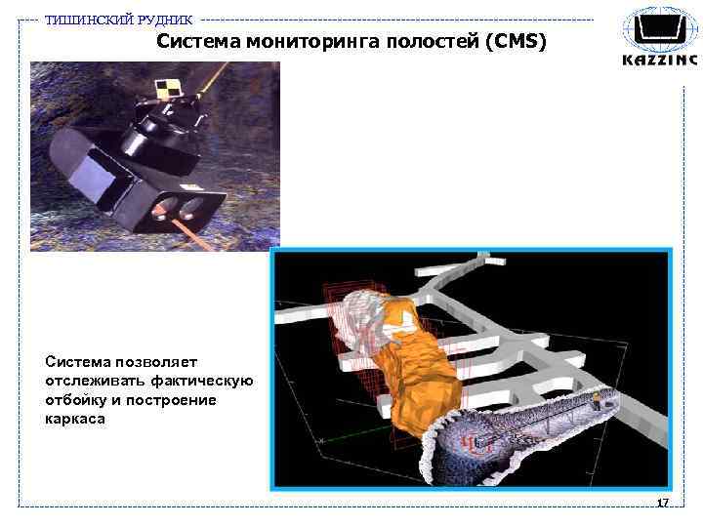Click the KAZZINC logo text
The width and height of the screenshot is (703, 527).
(660, 61)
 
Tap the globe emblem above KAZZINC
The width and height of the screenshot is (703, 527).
(660, 29)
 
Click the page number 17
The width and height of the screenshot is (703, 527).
(662, 504)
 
